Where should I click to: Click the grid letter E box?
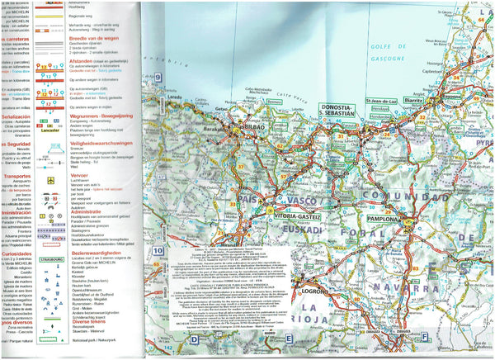[290, 338]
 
